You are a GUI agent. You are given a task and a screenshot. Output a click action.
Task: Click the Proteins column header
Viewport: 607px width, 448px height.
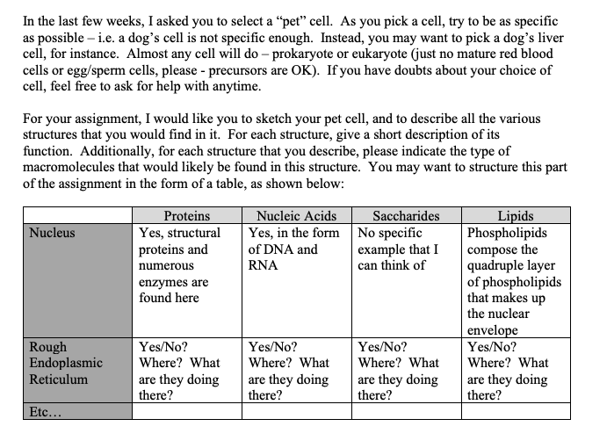point(187,216)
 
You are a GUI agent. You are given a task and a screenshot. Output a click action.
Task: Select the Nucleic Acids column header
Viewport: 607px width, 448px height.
point(296,216)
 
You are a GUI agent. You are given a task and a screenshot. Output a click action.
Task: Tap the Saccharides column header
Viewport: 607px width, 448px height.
point(407,216)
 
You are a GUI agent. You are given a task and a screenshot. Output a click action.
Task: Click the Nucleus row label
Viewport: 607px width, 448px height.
point(52,234)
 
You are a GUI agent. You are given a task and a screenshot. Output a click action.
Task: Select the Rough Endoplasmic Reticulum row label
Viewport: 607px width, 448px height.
point(65,363)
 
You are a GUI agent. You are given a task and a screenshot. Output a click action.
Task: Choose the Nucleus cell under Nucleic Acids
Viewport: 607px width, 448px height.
point(296,249)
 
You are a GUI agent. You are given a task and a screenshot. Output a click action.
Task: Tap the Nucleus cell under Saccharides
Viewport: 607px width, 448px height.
point(407,249)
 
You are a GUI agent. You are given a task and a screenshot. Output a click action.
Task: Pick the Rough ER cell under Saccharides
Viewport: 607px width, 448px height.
point(407,371)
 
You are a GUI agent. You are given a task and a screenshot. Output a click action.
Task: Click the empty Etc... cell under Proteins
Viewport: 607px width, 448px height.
point(187,410)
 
